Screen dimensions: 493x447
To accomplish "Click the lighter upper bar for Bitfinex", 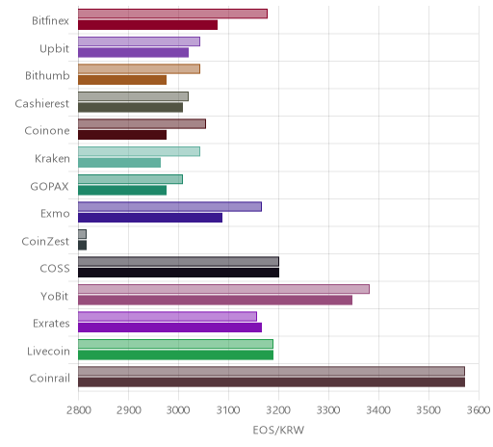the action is [172, 13].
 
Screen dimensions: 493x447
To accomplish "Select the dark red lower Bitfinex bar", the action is [147, 25].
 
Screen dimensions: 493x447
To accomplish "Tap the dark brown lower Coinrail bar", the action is [272, 382].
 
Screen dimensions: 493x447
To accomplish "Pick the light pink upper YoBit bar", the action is [223, 289].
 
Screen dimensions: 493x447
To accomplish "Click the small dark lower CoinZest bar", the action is [82, 246].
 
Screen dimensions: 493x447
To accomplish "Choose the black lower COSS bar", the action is [178, 273].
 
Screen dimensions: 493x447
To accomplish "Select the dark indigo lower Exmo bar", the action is [150, 218].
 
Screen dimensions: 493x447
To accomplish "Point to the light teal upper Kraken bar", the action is [139, 151].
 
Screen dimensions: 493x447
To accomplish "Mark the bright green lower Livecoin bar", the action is [175, 355].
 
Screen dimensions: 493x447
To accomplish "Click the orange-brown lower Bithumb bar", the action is [122, 80].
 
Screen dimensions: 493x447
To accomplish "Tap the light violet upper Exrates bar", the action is [168, 317].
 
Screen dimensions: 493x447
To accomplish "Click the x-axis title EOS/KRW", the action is [278, 430].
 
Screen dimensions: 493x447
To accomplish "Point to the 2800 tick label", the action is [79, 410].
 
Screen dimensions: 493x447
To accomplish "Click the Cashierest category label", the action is [42, 103].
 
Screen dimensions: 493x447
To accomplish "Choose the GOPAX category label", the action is [49, 186].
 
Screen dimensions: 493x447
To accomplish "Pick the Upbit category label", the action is [54, 49].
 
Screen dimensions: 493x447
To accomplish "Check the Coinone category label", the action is [47, 131].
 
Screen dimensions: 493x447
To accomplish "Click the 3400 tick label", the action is [378, 410].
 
